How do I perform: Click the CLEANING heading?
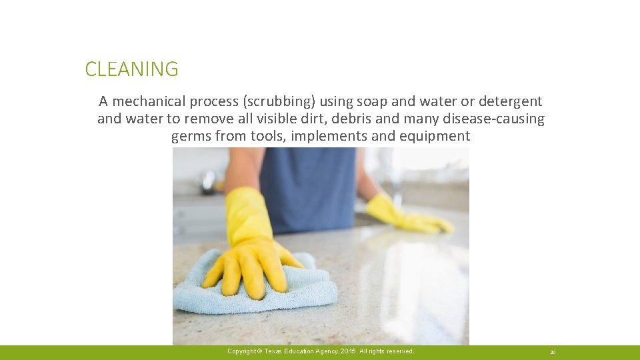[x=131, y=69]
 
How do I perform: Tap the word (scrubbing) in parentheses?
[x=279, y=101]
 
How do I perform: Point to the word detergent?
[x=511, y=101]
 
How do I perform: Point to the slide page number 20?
[x=553, y=352]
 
